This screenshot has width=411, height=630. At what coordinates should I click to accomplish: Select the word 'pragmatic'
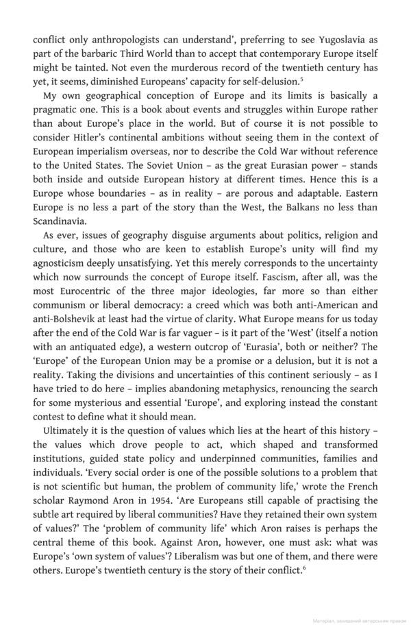tap(60, 110)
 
